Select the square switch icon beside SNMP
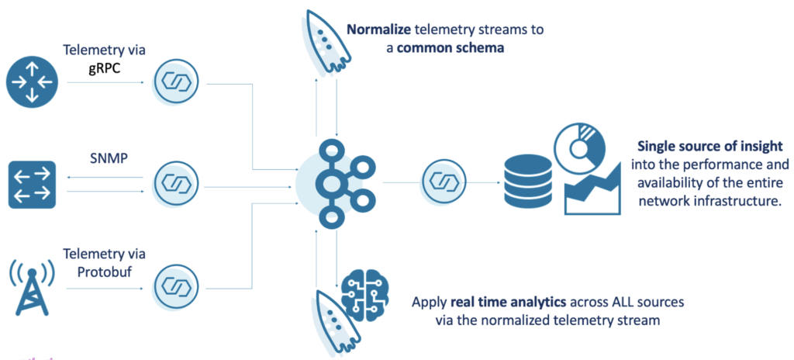32,184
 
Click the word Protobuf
105,268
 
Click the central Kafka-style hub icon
336,184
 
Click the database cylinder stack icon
526,184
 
